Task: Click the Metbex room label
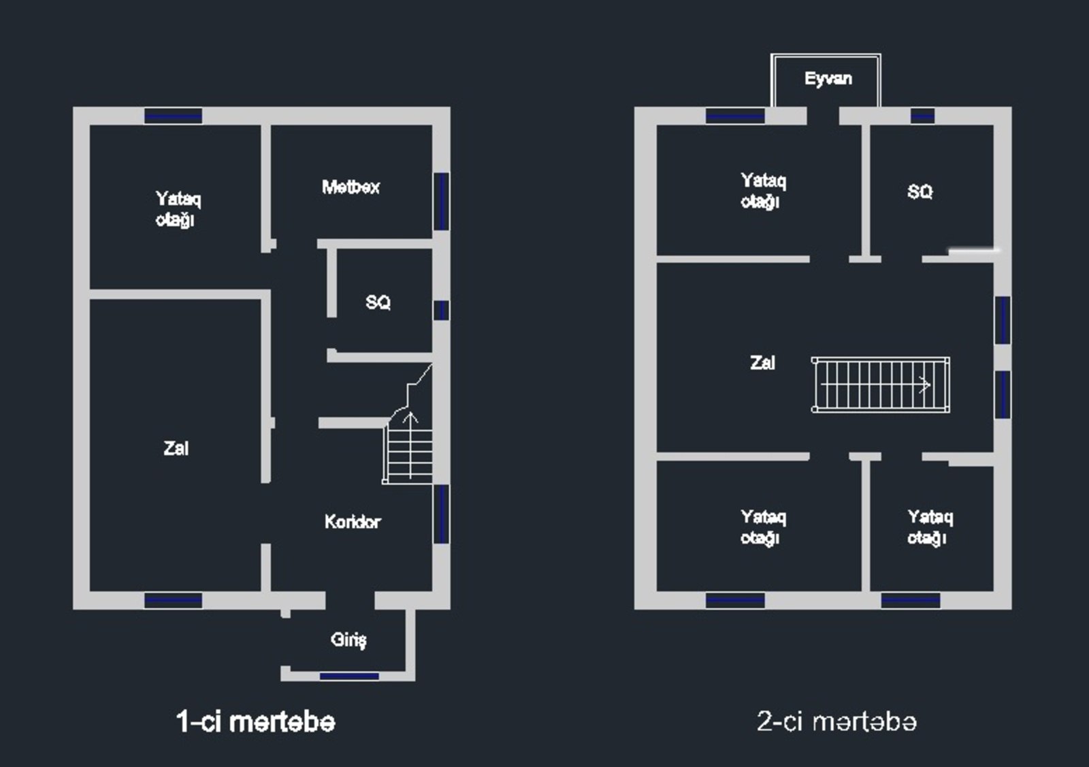tap(351, 187)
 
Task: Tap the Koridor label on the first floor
tap(353, 522)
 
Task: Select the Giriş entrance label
tap(348, 640)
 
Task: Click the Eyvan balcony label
tap(828, 79)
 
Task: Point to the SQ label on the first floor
tap(378, 302)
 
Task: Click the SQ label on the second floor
tap(920, 192)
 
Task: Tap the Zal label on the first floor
tap(176, 448)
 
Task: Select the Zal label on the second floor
tap(762, 362)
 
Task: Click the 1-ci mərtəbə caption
tap(256, 721)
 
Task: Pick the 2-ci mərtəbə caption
tap(836, 721)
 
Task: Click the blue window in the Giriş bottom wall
tap(349, 676)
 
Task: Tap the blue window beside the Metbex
tap(441, 202)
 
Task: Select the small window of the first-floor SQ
tap(441, 311)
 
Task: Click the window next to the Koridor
tap(441, 514)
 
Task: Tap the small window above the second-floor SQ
tap(922, 116)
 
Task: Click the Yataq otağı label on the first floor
tap(178, 209)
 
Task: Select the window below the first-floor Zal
tap(174, 600)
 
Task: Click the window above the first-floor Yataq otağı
tap(174, 116)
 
